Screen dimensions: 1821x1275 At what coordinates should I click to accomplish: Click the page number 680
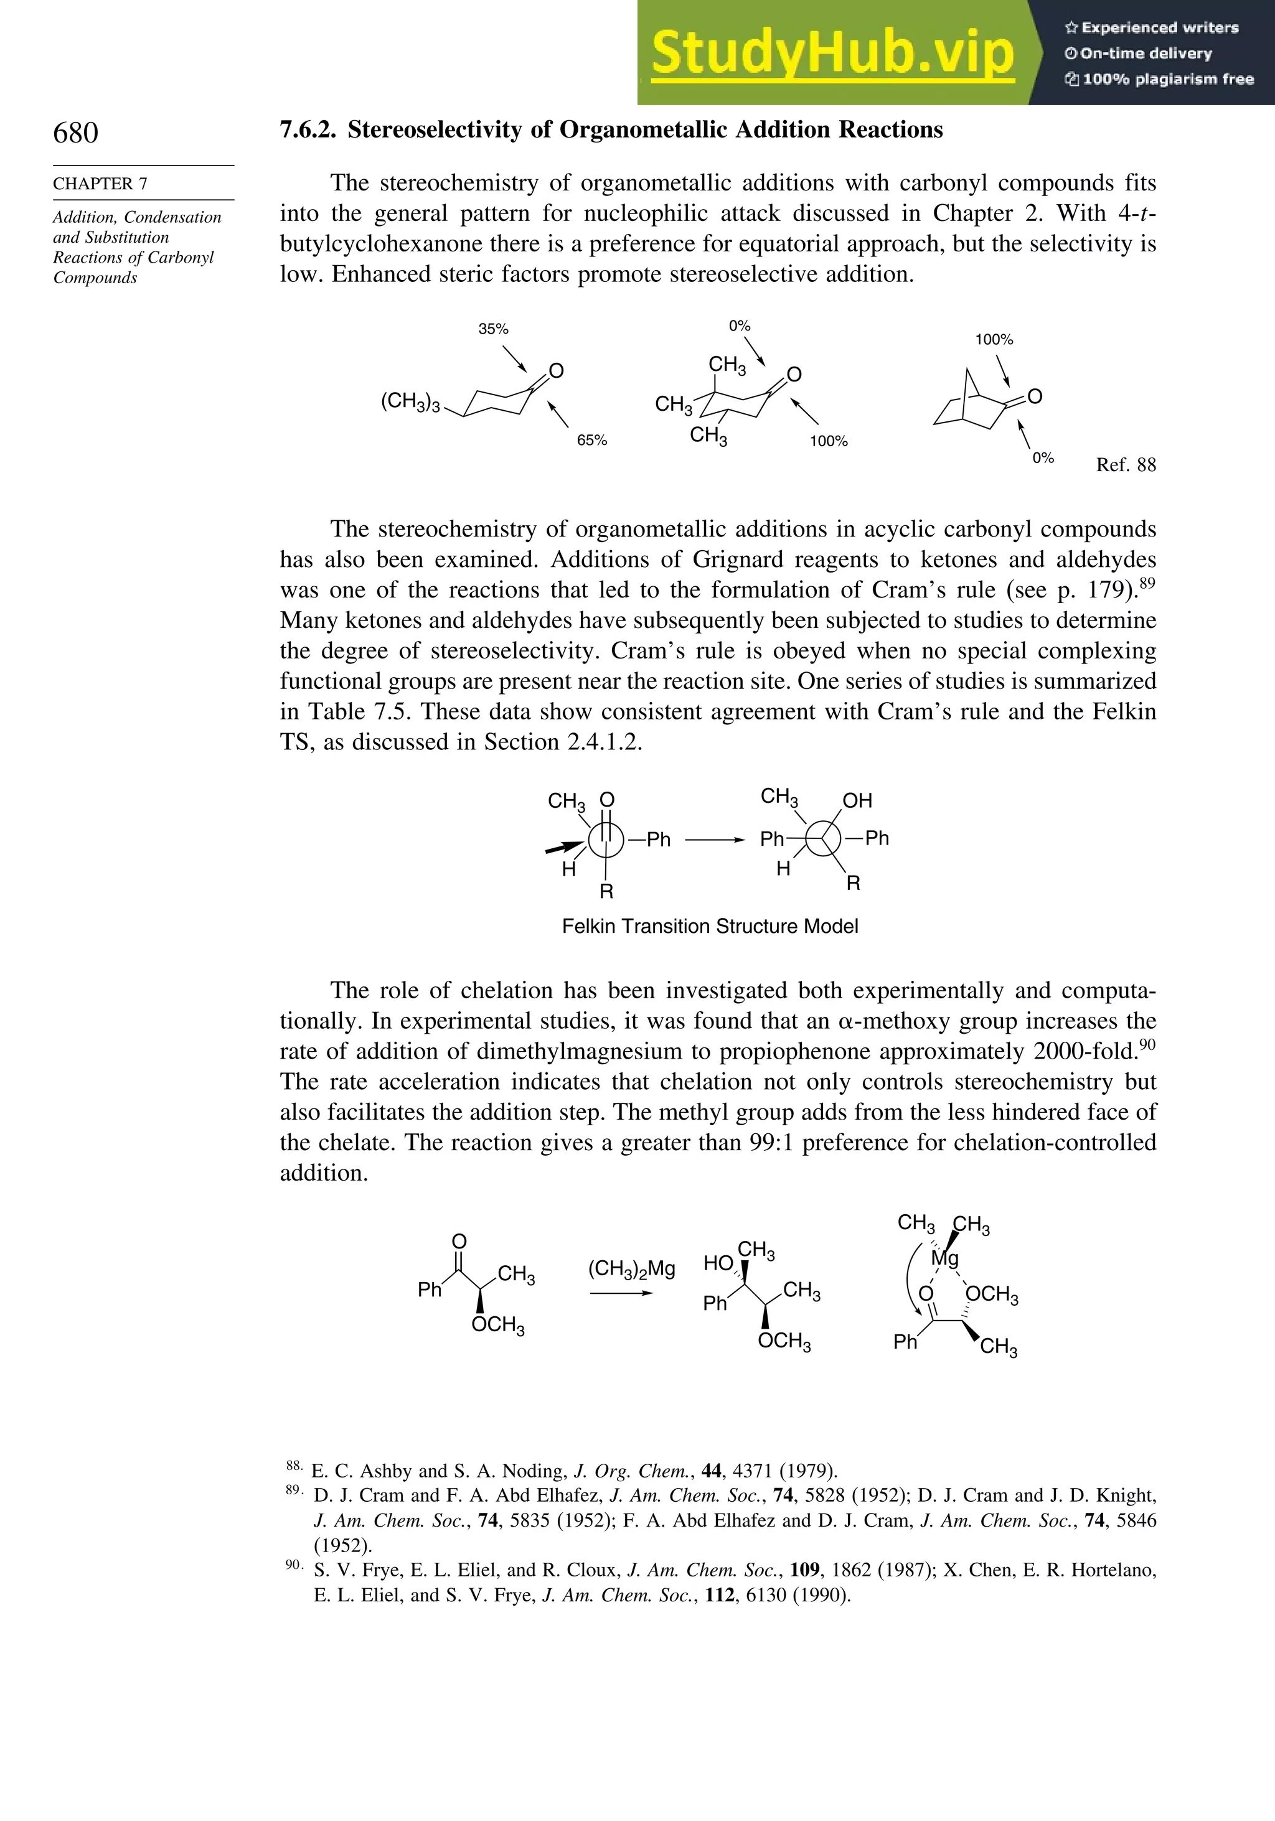coord(75,133)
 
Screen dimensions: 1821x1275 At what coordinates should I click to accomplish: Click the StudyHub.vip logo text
coord(832,53)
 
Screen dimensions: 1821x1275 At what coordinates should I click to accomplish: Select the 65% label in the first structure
coord(592,440)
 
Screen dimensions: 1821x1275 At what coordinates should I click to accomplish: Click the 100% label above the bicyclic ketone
coord(994,339)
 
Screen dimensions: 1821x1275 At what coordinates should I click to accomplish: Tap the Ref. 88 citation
coord(1125,466)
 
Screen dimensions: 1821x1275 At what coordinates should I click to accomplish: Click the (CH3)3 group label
coord(410,402)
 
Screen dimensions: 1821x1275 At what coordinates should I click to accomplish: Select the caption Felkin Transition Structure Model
coord(710,926)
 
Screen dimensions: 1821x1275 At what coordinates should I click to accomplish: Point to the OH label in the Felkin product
coord(857,800)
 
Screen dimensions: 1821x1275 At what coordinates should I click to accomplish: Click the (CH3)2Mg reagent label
coord(631,1269)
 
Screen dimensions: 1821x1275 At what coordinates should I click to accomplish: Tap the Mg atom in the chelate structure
coord(945,1258)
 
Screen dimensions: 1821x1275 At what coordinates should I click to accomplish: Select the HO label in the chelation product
coord(718,1263)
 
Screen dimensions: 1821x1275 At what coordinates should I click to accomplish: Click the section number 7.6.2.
coord(308,130)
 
